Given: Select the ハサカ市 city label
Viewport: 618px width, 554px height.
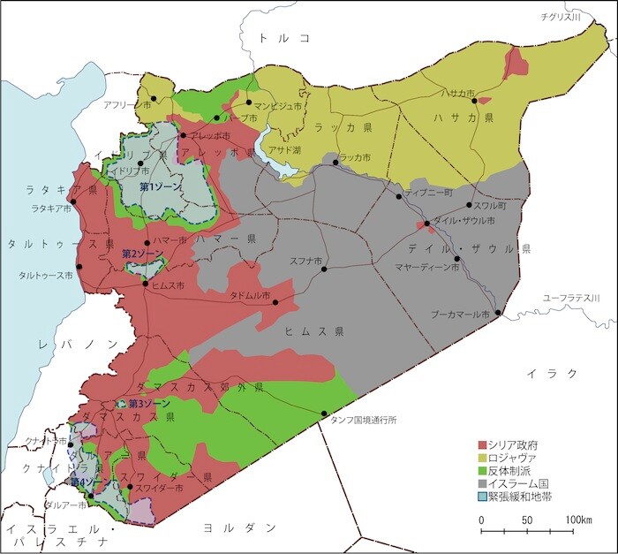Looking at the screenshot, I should [458, 92].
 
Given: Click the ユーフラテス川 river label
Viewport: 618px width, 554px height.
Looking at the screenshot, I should [571, 299].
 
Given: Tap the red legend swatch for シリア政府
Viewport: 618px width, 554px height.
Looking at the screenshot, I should [482, 445].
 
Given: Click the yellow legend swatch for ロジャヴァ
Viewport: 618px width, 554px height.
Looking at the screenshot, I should [482, 459].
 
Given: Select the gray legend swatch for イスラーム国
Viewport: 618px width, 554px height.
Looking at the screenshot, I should [482, 484].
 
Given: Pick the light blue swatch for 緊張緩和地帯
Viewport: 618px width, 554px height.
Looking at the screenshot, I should [482, 497].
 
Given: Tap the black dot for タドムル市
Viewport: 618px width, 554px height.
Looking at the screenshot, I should [275, 302].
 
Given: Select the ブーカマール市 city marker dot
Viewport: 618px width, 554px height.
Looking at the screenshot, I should [498, 313].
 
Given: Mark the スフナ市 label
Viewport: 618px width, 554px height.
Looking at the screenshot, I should [305, 260].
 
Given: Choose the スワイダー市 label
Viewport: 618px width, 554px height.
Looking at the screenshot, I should [159, 487].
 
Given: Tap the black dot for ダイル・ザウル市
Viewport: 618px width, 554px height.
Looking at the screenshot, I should [426, 224].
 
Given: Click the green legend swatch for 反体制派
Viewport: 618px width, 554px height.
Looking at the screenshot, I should [482, 472].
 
